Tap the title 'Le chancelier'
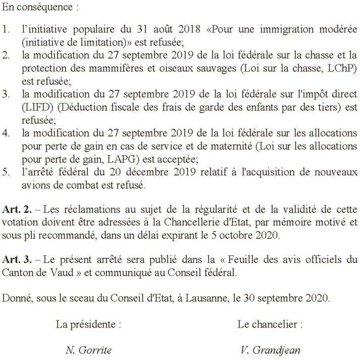(x=270, y=324)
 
